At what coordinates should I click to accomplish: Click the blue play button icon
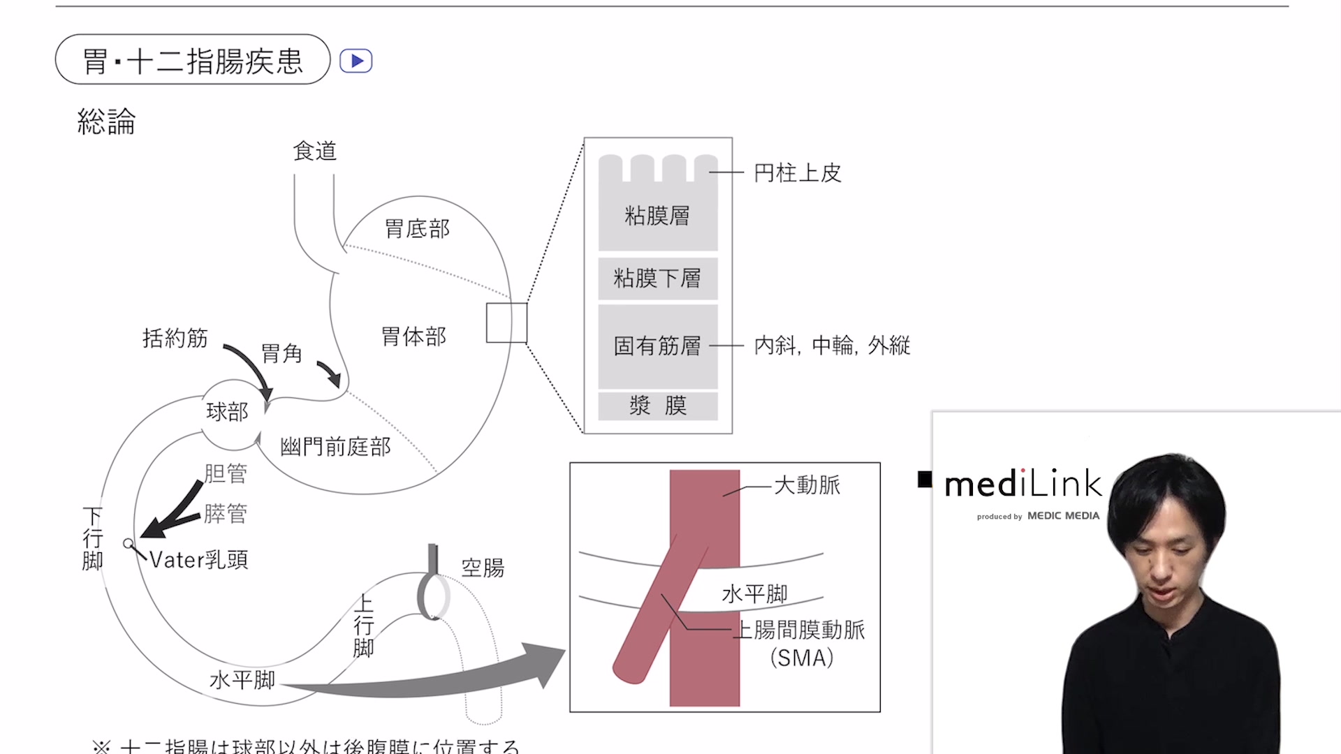pos(356,61)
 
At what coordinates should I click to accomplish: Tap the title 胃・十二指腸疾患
pos(193,61)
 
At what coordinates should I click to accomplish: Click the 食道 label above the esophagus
pos(314,151)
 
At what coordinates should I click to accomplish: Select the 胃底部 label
pos(417,228)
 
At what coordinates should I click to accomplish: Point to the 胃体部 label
pos(413,337)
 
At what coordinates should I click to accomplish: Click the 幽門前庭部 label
pos(335,447)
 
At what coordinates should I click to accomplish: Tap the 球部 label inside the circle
pos(227,412)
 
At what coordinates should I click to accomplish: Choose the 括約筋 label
pos(175,338)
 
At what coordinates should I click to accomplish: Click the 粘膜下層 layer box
pos(657,279)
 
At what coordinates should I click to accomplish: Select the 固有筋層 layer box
pos(657,346)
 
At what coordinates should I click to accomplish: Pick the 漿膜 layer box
pos(657,406)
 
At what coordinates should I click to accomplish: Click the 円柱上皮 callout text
pos(798,173)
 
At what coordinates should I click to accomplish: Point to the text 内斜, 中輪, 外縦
pos(832,345)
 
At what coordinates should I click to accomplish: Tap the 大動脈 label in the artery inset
pos(807,485)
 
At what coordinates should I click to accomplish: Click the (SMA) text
pos(802,658)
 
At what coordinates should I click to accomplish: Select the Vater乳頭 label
pos(199,560)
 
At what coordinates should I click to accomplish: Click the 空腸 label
pos(483,568)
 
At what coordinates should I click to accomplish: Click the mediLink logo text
pos(1023,484)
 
